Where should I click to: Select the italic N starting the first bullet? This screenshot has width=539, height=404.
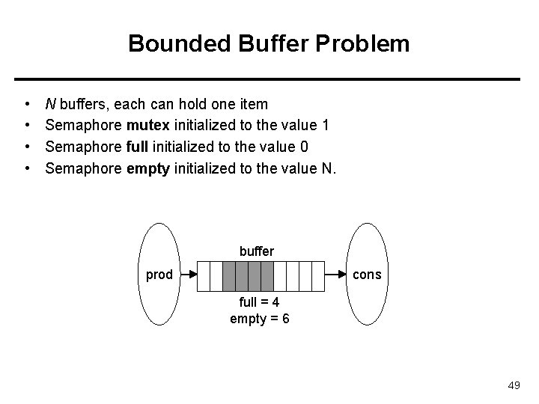[50, 102]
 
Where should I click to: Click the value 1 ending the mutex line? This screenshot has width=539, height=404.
[326, 125]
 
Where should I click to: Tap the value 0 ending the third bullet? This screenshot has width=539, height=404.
[304, 147]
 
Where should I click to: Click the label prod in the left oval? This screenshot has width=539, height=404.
[159, 275]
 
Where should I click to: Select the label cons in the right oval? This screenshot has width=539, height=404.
[367, 275]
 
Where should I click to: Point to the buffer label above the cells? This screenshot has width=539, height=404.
[257, 251]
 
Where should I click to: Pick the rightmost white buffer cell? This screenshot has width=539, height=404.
[318, 275]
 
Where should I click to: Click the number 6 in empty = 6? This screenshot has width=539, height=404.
[286, 319]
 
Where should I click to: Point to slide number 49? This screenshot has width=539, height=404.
[514, 385]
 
